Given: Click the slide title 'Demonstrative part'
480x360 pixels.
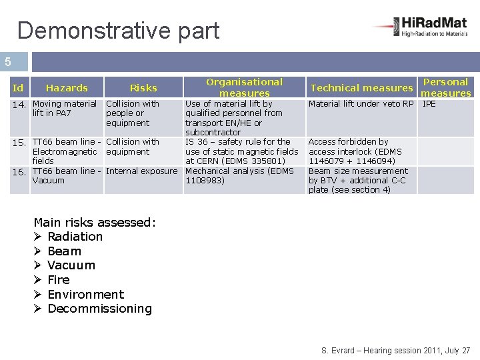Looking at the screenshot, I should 118,30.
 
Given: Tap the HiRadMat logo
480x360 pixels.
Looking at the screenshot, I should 421,27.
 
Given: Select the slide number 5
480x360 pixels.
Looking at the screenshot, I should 8,62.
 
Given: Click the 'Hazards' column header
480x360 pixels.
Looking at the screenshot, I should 67,88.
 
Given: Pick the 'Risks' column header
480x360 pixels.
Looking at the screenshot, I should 143,88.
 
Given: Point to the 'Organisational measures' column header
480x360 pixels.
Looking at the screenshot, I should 244,87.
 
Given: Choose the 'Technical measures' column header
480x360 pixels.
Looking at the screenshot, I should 361,88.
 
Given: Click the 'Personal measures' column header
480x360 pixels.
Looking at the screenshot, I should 446,87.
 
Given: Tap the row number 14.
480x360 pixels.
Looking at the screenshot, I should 20,105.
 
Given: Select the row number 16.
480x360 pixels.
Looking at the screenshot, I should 20,172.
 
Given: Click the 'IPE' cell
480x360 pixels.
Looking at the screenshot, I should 429,104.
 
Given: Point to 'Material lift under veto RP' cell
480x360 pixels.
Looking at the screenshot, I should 361,104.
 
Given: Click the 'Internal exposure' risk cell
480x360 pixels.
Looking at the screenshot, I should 141,171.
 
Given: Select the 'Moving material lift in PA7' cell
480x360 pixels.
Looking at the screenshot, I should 64,109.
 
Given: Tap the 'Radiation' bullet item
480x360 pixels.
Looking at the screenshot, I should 75,237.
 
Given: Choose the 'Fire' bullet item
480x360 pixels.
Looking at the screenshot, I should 59,280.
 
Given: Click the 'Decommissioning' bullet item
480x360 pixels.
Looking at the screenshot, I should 99,309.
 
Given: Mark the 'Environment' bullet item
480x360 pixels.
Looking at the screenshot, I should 85,295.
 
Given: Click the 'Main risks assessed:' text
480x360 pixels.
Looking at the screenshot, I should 94,223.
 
